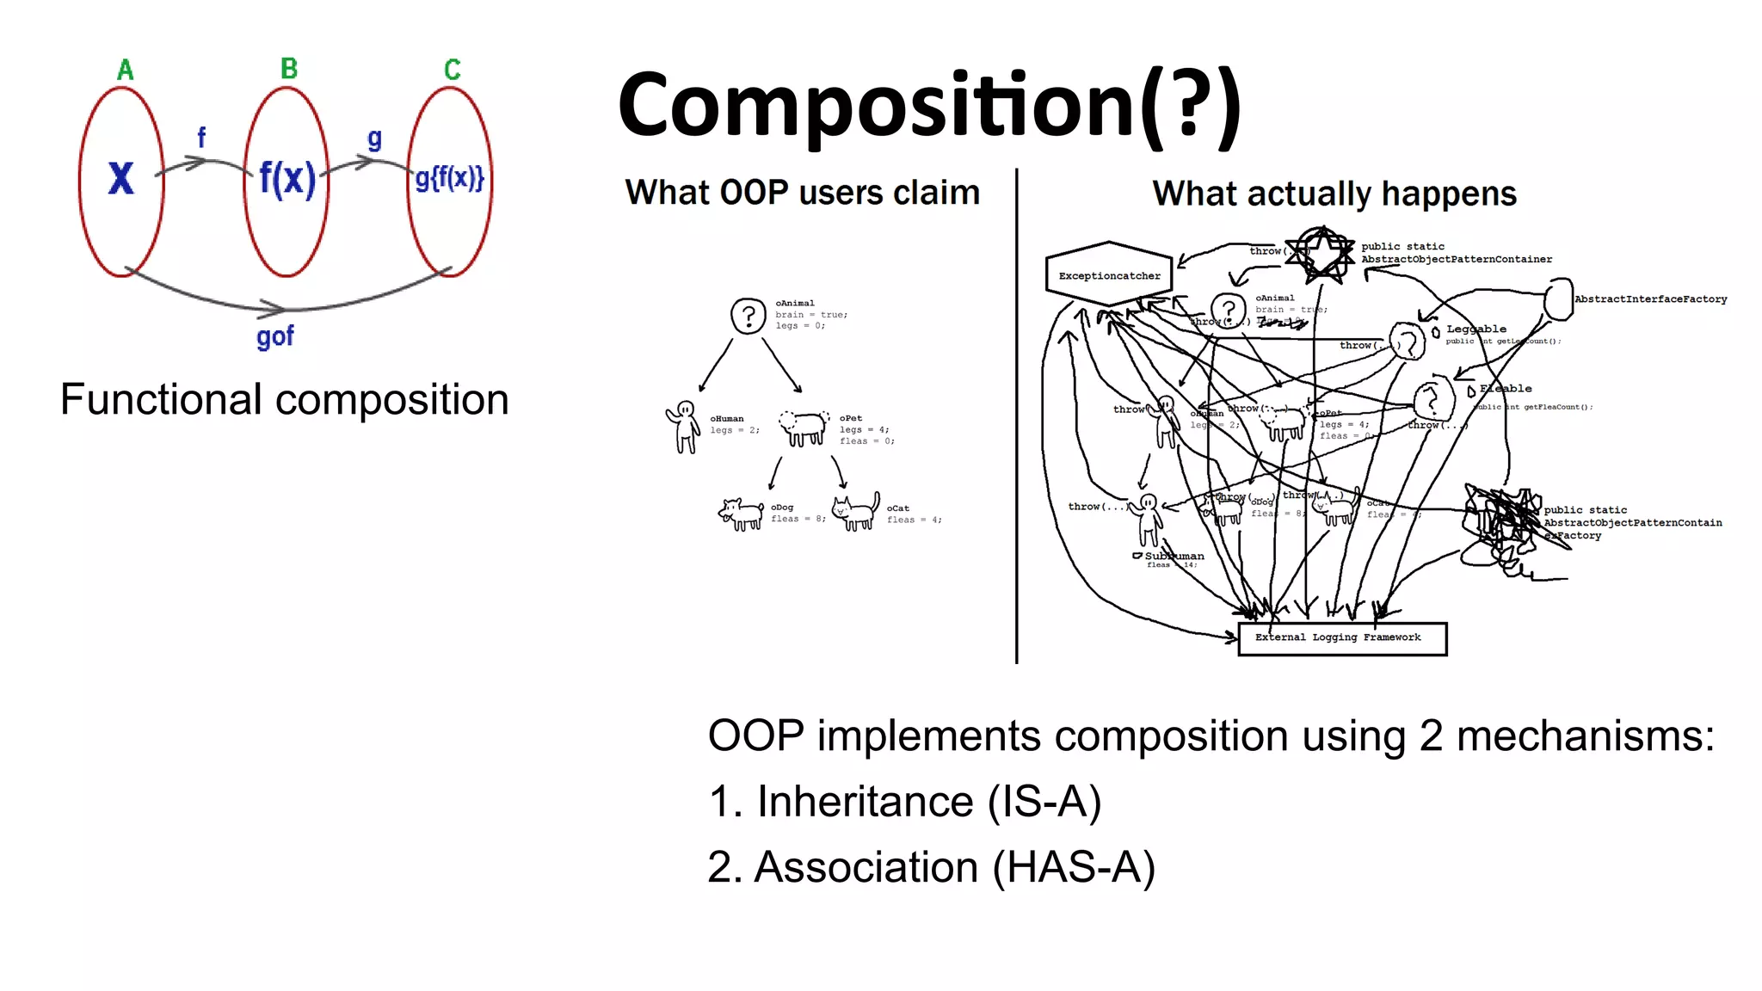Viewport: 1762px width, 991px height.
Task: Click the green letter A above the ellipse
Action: coord(126,70)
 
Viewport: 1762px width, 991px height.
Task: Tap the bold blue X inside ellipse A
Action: coord(121,178)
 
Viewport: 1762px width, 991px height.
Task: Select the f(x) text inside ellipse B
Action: coord(286,179)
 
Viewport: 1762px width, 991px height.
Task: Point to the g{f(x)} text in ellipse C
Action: coord(449,178)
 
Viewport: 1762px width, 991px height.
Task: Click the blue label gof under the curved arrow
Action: coord(274,335)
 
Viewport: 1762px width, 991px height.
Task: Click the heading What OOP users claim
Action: coord(802,193)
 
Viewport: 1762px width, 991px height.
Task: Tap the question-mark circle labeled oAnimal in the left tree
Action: coord(748,316)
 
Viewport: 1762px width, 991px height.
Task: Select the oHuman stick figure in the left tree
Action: coord(684,426)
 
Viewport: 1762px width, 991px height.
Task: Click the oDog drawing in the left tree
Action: coord(741,514)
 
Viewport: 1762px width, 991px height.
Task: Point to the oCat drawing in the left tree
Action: coord(857,512)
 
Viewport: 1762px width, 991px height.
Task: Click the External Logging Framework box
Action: coord(1341,638)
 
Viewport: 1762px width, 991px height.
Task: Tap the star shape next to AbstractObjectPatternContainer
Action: coord(1321,253)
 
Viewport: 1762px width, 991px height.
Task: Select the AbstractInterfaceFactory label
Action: coord(1650,299)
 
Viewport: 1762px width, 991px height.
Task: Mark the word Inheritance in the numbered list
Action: coord(864,802)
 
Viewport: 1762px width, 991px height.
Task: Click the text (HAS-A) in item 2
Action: coord(1073,867)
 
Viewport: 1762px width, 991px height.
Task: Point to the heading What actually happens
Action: coord(1334,194)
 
